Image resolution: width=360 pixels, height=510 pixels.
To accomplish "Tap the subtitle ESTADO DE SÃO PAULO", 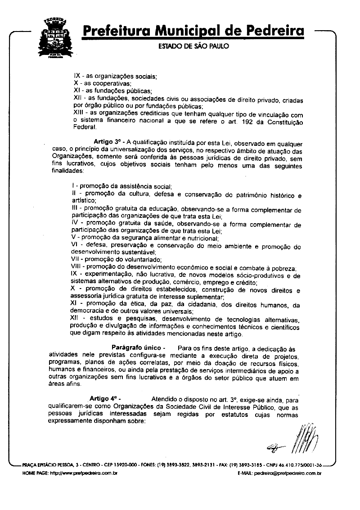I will tap(194, 46).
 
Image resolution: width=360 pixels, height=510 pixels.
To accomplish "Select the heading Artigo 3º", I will tap(107, 141).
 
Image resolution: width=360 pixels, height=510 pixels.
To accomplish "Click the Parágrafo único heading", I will tap(135, 348).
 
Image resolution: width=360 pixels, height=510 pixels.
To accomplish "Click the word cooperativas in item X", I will tap(108, 83).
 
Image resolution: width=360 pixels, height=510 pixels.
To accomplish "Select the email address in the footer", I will tap(287, 473).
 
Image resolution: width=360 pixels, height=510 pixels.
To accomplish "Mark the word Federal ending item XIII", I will tap(84, 127).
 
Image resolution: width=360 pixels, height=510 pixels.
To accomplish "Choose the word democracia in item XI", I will tap(89, 311).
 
